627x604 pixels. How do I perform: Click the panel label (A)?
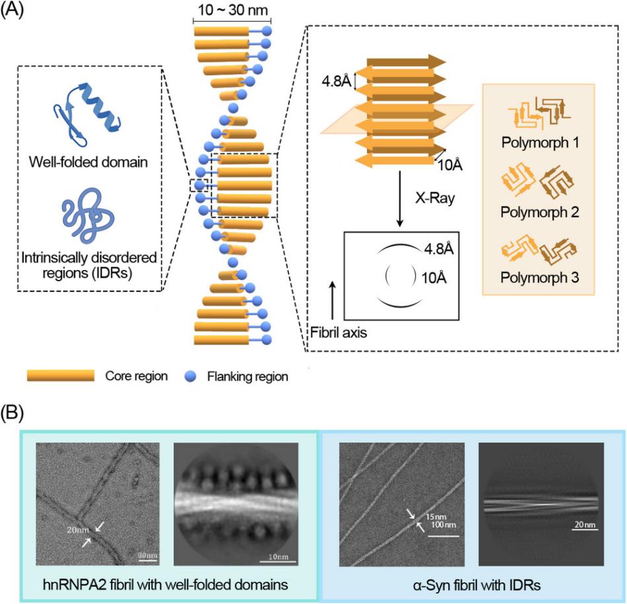coord(15,13)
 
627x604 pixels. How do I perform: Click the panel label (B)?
coord(15,414)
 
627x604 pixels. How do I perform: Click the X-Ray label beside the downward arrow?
coord(435,197)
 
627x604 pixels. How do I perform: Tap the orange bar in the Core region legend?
coord(61,376)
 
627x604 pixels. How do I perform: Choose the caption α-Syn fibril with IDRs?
coord(471,582)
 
